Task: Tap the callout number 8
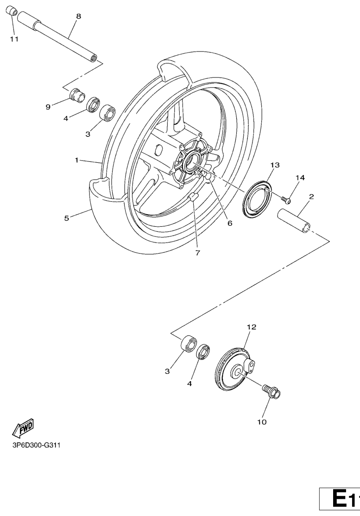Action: click(x=78, y=16)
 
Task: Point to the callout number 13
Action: click(x=275, y=165)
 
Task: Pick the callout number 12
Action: click(x=252, y=327)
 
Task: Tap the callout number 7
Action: click(x=197, y=253)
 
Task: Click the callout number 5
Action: click(x=67, y=218)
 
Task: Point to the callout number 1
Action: click(x=76, y=160)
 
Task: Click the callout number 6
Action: click(x=230, y=223)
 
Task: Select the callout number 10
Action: click(x=262, y=422)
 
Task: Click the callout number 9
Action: click(x=48, y=107)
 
